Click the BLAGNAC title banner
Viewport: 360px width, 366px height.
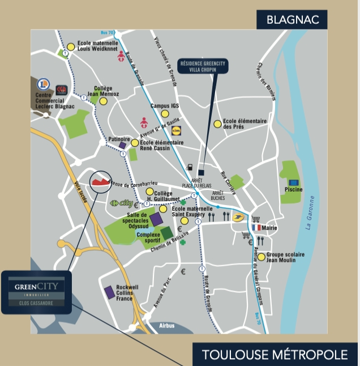coord(293,20)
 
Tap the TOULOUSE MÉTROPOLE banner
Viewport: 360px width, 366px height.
coord(275,355)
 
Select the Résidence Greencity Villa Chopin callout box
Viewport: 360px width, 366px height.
coord(203,67)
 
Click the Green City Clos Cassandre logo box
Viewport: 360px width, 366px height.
coord(36,292)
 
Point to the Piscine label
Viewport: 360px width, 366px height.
coord(294,189)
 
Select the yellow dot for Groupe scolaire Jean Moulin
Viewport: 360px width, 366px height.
coord(261,257)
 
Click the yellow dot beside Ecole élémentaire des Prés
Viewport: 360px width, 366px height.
coord(217,124)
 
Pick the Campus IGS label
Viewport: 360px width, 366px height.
coord(164,106)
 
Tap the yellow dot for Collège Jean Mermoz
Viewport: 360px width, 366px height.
coord(103,101)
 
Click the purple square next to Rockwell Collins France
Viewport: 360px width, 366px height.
coord(109,292)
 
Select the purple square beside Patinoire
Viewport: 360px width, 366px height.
coord(122,145)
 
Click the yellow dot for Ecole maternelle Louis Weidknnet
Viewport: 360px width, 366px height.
coord(71,47)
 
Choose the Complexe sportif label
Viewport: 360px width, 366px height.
coord(148,236)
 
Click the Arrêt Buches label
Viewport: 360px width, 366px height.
coord(218,195)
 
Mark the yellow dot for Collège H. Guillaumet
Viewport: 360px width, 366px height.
coord(150,192)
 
